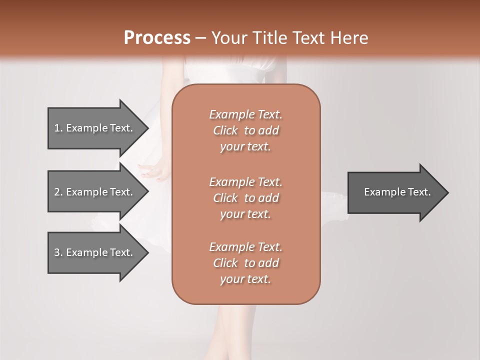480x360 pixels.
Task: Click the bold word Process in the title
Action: pyautogui.click(x=157, y=38)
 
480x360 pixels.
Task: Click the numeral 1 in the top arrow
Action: pyautogui.click(x=57, y=128)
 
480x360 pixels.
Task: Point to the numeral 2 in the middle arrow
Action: pyautogui.click(x=57, y=192)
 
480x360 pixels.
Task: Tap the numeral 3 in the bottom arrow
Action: pyautogui.click(x=57, y=252)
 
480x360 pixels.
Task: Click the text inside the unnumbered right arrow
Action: pyautogui.click(x=397, y=192)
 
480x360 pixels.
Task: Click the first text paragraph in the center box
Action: pyautogui.click(x=246, y=130)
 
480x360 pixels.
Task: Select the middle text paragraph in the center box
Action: pyautogui.click(x=246, y=198)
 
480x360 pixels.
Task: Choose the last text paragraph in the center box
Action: pyautogui.click(x=246, y=263)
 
